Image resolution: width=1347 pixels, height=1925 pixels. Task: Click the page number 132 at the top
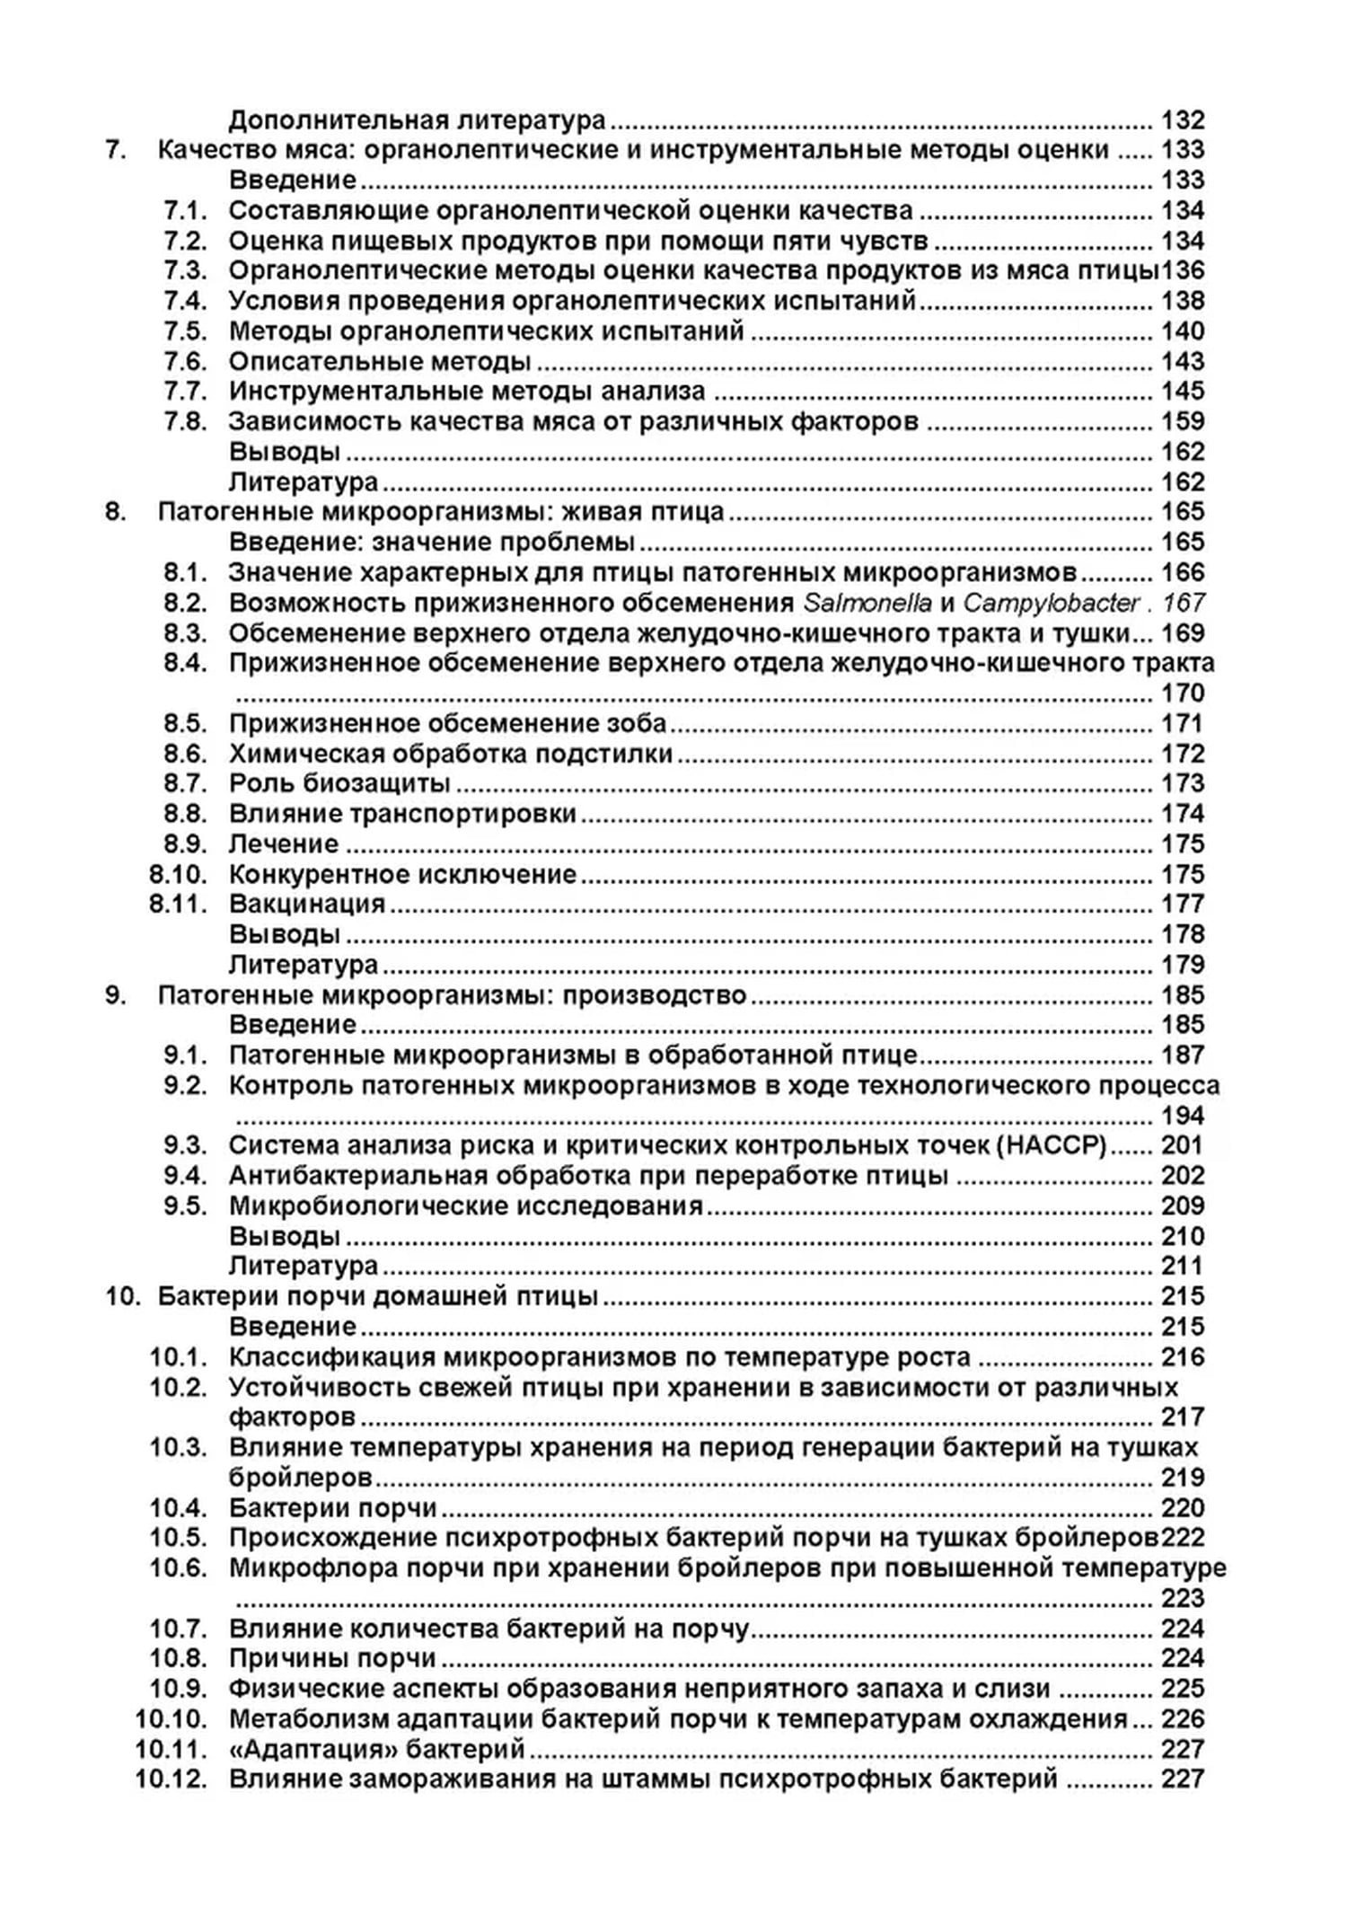[x=1182, y=119]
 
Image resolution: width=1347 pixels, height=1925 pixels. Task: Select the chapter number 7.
[x=114, y=150]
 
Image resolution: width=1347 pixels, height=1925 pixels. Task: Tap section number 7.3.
[x=185, y=270]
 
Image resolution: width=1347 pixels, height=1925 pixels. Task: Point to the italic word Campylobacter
[x=1052, y=603]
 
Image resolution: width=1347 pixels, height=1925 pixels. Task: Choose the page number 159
[x=1182, y=421]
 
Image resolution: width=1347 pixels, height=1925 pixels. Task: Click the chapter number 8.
[x=114, y=512]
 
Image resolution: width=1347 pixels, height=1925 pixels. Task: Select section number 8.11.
[x=178, y=904]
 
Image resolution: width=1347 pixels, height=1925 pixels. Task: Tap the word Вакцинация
[x=306, y=904]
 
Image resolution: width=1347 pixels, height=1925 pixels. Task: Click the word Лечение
[x=283, y=844]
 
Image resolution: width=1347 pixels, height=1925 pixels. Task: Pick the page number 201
[x=1182, y=1145]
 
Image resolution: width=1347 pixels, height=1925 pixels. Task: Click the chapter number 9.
[x=114, y=995]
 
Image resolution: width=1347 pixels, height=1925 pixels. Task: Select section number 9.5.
[x=185, y=1205]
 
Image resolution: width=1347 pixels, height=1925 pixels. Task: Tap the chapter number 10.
[x=120, y=1296]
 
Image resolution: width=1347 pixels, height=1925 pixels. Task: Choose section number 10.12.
[x=171, y=1779]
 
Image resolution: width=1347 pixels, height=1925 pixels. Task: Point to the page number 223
[x=1182, y=1598]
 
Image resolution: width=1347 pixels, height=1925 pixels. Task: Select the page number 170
[x=1182, y=693]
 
